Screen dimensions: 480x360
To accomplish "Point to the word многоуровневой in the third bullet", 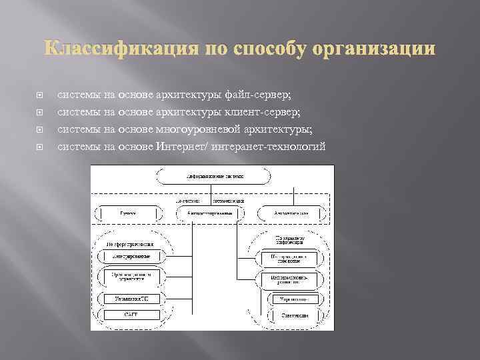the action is point(202,129).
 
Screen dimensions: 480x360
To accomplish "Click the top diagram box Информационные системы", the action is point(214,177).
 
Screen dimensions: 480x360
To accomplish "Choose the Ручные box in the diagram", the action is point(128,213).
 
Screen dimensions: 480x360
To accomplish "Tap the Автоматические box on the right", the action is point(291,213).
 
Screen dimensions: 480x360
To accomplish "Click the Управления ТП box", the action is point(131,298).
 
